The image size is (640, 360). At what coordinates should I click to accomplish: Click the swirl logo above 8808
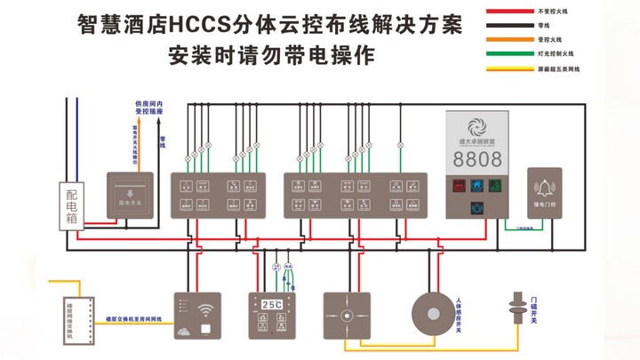[477, 125]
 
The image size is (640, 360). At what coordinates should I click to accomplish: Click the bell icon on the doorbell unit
[543, 188]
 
